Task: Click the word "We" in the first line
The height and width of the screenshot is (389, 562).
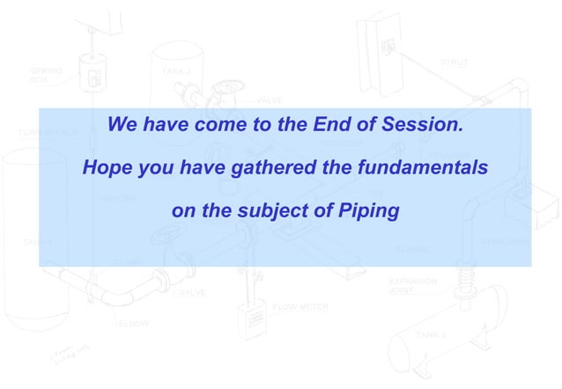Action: pyautogui.click(x=122, y=125)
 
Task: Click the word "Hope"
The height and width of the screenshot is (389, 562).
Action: pyautogui.click(x=106, y=167)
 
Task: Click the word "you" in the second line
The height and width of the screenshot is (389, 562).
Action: pyautogui.click(x=153, y=168)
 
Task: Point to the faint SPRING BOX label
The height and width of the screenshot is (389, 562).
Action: pyautogui.click(x=46, y=73)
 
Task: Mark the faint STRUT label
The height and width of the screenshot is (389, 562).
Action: pyautogui.click(x=454, y=62)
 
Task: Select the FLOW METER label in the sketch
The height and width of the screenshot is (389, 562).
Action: pyautogui.click(x=300, y=307)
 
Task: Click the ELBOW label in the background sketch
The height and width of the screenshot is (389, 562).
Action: pyautogui.click(x=134, y=323)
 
